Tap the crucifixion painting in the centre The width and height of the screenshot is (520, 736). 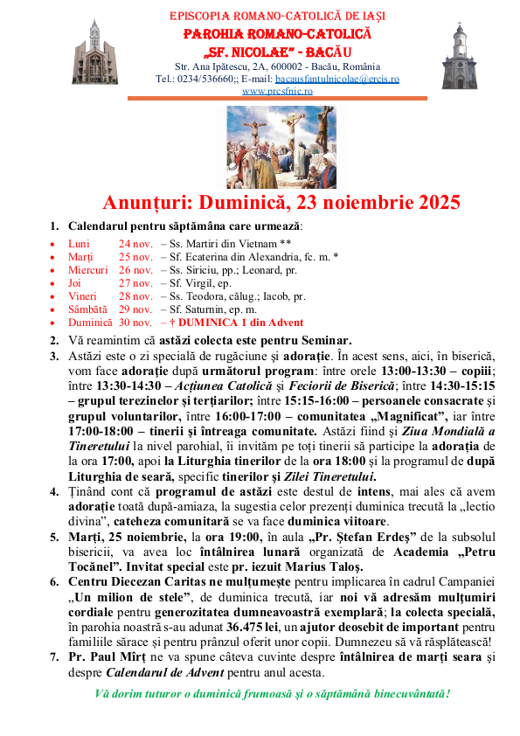point(281,147)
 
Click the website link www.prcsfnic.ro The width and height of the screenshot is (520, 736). point(277,90)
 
